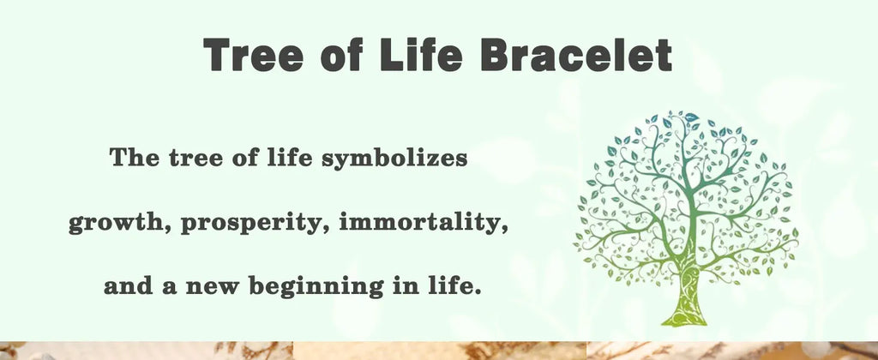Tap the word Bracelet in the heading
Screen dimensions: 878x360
576,54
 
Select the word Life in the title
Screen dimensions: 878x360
421,54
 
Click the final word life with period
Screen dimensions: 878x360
455,286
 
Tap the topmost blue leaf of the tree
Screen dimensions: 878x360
691,117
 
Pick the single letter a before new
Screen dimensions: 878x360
170,289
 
